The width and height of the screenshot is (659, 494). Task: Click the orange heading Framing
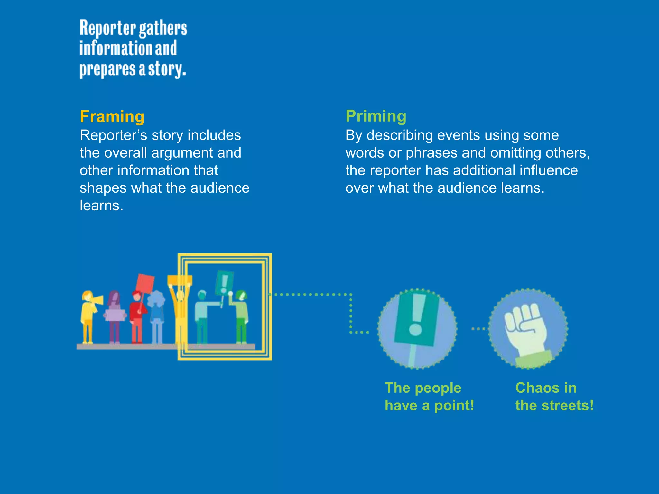coord(112,116)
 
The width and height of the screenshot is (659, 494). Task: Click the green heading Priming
coord(376,116)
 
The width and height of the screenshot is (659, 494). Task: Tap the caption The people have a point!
coord(429,397)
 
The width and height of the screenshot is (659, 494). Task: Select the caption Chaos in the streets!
coord(554,397)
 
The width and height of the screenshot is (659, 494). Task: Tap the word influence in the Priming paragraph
coord(548,170)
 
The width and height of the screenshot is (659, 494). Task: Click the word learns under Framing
coord(101,206)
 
